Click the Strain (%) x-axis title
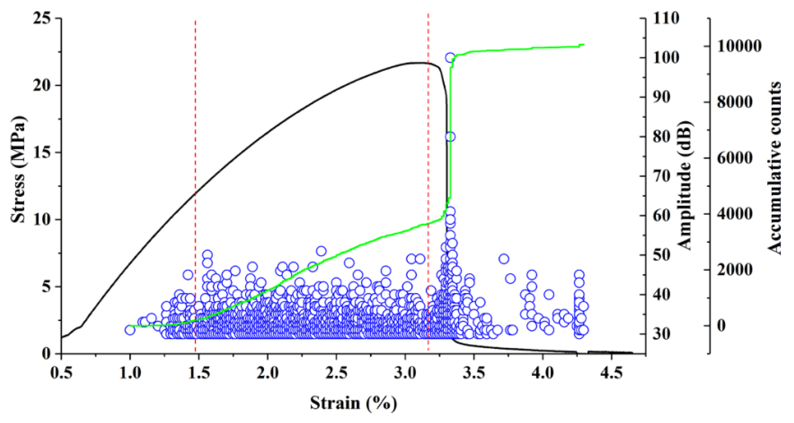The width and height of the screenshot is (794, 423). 353,403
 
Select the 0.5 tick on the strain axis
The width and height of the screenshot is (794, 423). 62,373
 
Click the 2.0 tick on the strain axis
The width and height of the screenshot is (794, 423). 267,373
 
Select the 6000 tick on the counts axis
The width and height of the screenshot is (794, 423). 735,158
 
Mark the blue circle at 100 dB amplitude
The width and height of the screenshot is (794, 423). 450,57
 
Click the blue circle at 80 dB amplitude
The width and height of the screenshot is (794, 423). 450,137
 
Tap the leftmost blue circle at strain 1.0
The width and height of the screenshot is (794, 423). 130,330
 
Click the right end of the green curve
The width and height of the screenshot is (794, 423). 584,44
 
